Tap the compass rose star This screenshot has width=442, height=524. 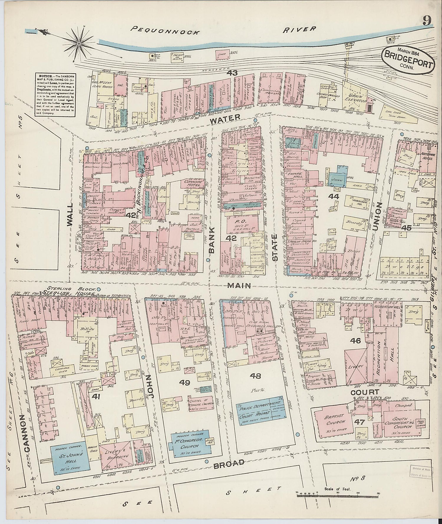(79, 44)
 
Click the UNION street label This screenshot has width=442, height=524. (377, 216)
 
